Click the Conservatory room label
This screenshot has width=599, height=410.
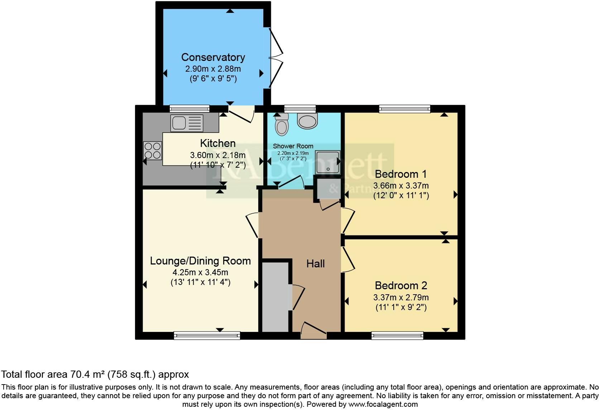[213, 57]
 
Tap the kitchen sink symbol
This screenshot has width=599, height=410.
[187, 123]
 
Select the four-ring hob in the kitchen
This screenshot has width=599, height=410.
[152, 151]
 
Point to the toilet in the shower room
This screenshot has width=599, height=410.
[282, 124]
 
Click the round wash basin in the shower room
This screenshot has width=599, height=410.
[308, 121]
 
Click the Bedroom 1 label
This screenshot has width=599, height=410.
[401, 174]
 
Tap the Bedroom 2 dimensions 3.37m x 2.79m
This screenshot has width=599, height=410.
[401, 297]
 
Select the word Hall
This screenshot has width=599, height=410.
[315, 264]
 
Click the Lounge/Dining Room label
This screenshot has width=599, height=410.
[200, 261]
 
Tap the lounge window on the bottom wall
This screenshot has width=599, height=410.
[207, 335]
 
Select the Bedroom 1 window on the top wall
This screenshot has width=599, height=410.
[404, 109]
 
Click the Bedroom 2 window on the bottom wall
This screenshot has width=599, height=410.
[397, 335]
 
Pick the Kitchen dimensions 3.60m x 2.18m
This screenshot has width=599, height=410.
[217, 155]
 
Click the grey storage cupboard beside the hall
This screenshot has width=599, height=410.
[275, 297]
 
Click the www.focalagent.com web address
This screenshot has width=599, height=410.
[383, 404]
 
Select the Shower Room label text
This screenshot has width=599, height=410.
[293, 146]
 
